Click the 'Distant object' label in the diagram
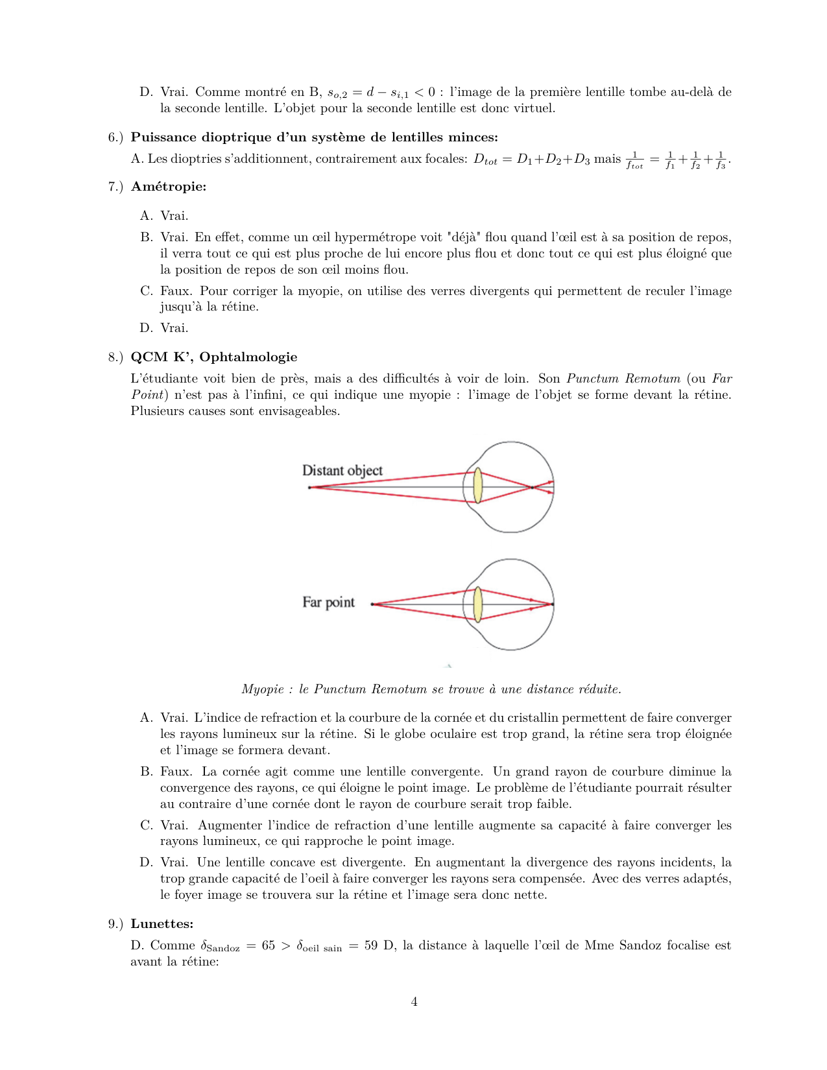[x=342, y=470]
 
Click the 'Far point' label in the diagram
[x=328, y=602]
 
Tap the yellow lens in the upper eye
[x=478, y=486]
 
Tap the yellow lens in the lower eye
[x=478, y=604]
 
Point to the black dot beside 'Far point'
[x=372, y=604]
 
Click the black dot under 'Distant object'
[x=309, y=487]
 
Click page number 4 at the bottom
[x=414, y=1001]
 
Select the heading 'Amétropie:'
[x=169, y=187]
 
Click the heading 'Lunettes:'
[x=162, y=923]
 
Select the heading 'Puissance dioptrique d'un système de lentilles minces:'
[x=315, y=137]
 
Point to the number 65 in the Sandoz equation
[x=269, y=945]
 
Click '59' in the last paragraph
[x=370, y=945]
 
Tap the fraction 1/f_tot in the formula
[x=634, y=160]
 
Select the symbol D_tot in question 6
[x=485, y=160]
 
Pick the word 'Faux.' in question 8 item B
[x=176, y=772]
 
